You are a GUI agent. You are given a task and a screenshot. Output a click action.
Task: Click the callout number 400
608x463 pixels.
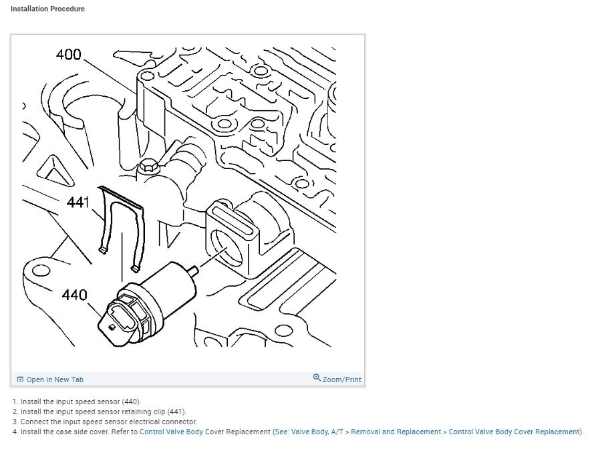click(69, 54)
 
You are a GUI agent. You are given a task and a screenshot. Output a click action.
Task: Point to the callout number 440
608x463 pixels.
click(75, 294)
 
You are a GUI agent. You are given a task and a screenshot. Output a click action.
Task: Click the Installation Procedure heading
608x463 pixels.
click(47, 9)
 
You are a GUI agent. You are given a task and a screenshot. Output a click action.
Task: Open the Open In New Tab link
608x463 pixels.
click(55, 379)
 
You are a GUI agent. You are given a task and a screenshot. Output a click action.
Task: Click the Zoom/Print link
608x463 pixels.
click(341, 379)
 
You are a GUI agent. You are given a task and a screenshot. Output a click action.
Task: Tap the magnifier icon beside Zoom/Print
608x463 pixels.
click(317, 378)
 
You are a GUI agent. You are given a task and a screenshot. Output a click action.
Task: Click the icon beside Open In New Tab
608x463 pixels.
click(21, 379)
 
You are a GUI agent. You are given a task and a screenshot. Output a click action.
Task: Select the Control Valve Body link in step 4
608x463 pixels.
click(171, 432)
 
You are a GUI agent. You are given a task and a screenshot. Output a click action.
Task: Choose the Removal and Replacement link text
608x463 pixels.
click(396, 432)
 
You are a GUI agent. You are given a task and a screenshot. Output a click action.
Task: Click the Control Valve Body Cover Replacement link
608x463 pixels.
click(514, 432)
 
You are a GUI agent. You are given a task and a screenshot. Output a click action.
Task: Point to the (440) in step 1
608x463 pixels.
click(131, 402)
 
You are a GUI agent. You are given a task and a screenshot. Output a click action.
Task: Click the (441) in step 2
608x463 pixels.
click(176, 412)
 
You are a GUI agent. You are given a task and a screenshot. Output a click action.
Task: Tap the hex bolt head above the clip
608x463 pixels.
click(148, 166)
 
